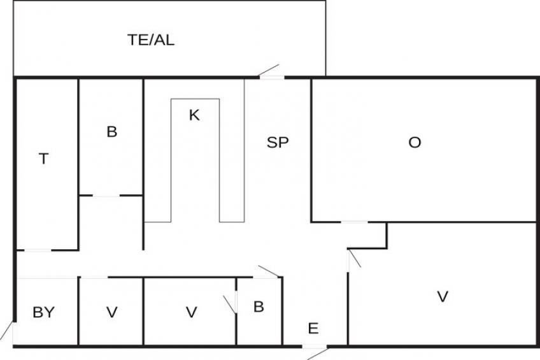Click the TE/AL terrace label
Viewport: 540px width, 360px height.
coord(151,40)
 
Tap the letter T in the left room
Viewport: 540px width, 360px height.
coord(43,159)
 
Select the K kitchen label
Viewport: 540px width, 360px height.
coord(194,115)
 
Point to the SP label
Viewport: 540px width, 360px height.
coord(278,143)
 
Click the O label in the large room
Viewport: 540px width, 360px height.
coord(415,143)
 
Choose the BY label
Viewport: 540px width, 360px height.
coord(43,312)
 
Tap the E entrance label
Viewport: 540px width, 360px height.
coord(313,329)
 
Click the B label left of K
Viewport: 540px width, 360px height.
coord(111,133)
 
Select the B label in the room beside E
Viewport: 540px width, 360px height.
coord(259,307)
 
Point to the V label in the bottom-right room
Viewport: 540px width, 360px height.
coord(442,296)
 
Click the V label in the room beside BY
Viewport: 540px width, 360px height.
coord(111,312)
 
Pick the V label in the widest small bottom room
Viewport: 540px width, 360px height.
coord(191,312)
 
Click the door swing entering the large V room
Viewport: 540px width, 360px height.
coord(353,259)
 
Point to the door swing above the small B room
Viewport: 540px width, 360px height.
coord(267,272)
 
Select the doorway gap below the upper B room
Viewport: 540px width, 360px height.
coord(106,196)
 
